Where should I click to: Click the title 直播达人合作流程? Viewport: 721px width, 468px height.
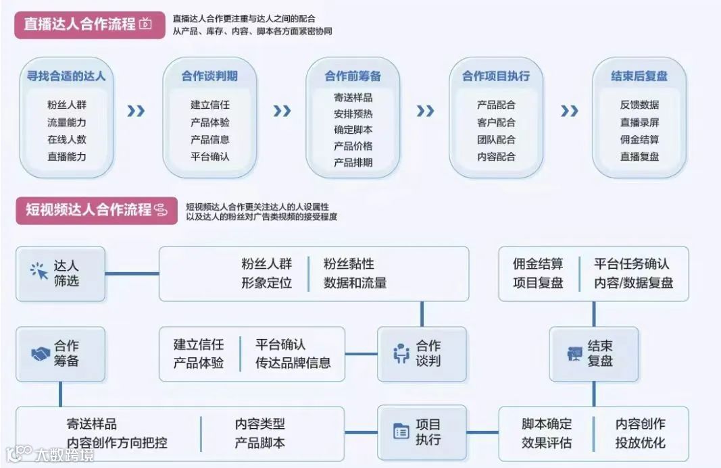pyautogui.click(x=80, y=24)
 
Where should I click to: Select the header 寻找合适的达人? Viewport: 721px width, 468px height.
pyautogui.click(x=66, y=76)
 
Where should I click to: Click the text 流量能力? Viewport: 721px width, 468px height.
pyautogui.click(x=67, y=122)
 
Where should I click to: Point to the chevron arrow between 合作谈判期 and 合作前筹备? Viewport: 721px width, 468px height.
pyautogui.click(x=282, y=111)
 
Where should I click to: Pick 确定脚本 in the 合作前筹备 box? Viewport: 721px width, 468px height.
pyautogui.click(x=353, y=130)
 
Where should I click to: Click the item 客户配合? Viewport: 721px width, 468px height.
pyautogui.click(x=496, y=122)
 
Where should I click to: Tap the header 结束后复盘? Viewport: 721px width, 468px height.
pyautogui.click(x=639, y=76)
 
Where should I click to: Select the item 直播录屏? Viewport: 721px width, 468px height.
pyautogui.click(x=639, y=122)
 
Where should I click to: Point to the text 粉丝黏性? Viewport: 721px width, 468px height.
pyautogui.click(x=349, y=264)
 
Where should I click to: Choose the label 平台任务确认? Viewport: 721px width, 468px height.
pyautogui.click(x=632, y=264)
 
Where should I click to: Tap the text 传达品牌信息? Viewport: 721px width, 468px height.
pyautogui.click(x=293, y=363)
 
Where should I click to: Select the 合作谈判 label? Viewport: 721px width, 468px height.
pyautogui.click(x=428, y=353)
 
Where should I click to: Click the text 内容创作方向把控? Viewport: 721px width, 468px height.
pyautogui.click(x=117, y=443)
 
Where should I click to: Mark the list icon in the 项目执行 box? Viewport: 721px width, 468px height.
pyautogui.click(x=401, y=431)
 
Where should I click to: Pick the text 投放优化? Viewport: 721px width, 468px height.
pyautogui.click(x=640, y=443)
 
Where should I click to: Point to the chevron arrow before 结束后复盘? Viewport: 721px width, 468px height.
pyautogui.click(x=570, y=111)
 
